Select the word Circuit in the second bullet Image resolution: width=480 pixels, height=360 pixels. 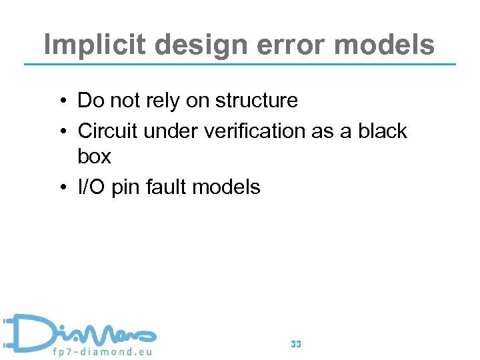(108, 131)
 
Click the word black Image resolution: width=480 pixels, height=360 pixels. (382, 131)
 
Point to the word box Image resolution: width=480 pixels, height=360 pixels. (94, 157)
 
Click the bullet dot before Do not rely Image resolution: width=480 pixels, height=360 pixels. (61, 101)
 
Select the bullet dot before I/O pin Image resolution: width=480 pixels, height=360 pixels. (61, 188)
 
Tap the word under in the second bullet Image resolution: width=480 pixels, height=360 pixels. (167, 131)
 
